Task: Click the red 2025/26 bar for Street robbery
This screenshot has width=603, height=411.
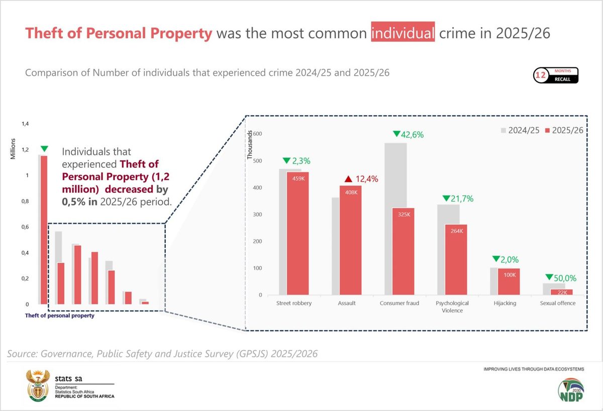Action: click(297, 233)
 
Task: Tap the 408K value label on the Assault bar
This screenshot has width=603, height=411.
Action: click(351, 192)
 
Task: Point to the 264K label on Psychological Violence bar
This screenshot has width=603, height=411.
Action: click(457, 231)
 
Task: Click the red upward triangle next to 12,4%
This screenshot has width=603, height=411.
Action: click(348, 179)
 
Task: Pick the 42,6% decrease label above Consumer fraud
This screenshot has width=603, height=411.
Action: click(412, 134)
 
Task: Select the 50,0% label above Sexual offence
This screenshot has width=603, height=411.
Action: click(565, 278)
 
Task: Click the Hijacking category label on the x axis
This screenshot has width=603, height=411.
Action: click(505, 303)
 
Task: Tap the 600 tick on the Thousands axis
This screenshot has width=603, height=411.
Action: click(257, 134)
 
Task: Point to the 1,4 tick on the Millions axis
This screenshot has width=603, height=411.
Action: click(25, 124)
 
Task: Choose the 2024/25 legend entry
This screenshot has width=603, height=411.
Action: click(520, 130)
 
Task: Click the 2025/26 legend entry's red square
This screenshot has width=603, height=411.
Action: click(547, 130)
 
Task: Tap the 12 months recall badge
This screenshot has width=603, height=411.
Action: click(556, 75)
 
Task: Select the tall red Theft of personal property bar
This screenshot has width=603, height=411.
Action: click(44, 230)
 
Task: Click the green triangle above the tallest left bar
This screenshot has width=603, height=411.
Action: click(44, 149)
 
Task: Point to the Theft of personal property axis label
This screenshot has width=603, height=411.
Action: click(59, 316)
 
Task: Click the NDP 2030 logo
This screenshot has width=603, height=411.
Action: click(571, 390)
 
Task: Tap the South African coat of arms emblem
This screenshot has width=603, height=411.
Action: click(38, 385)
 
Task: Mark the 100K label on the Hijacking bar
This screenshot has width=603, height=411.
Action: click(510, 275)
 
